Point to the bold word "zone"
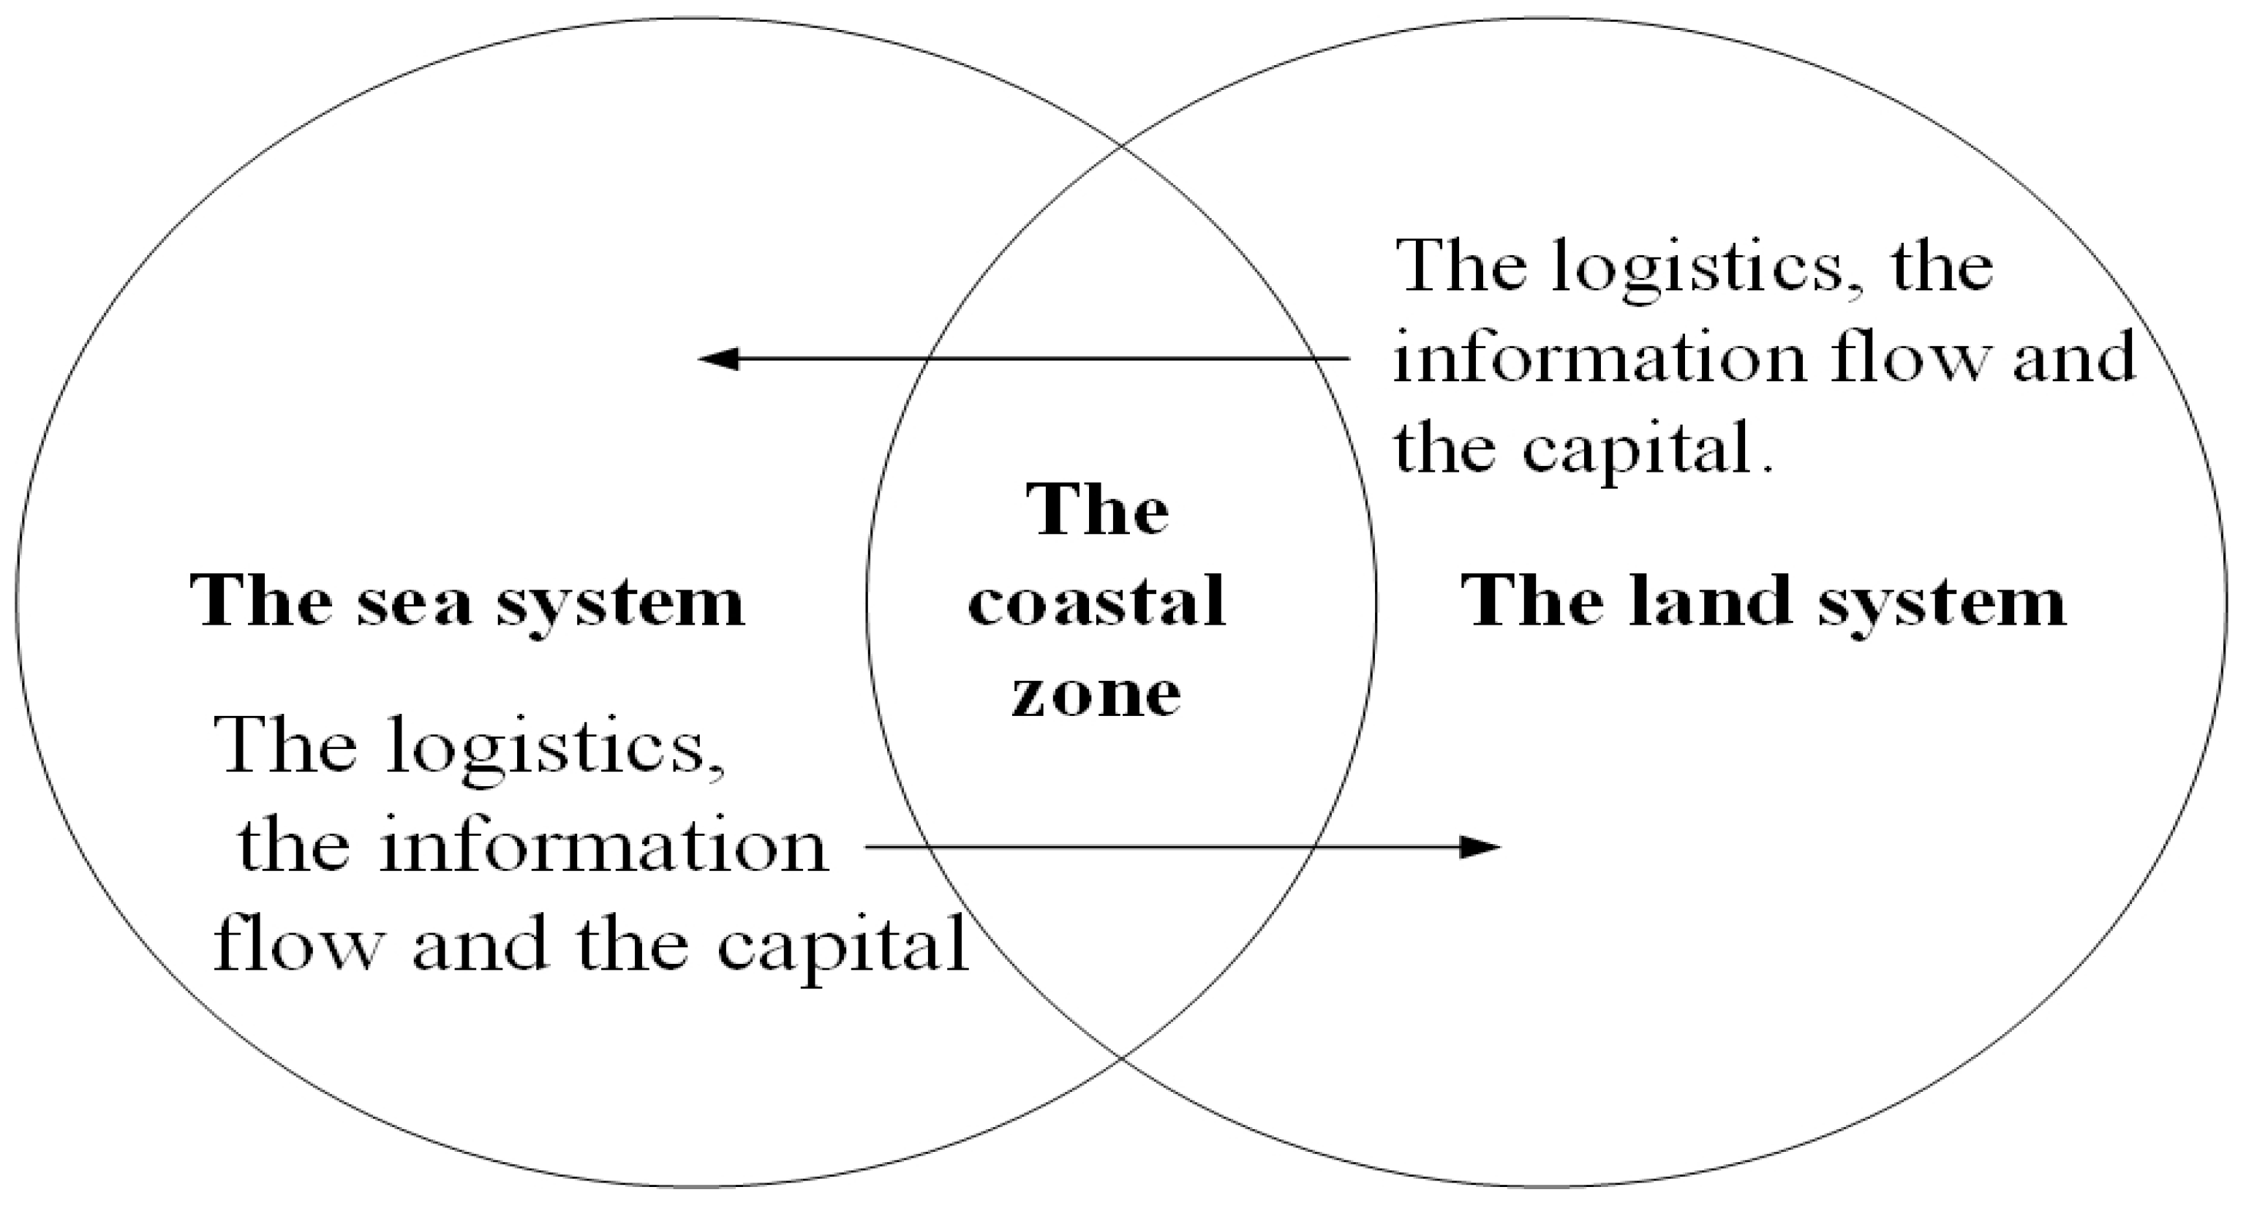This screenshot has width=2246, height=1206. pyautogui.click(x=1096, y=695)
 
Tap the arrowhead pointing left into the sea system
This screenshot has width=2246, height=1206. pyautogui.click(x=717, y=358)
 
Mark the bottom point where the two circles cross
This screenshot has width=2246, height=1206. pyautogui.click(x=1121, y=1058)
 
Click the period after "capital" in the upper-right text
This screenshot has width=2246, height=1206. pyautogui.click(x=1768, y=468)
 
